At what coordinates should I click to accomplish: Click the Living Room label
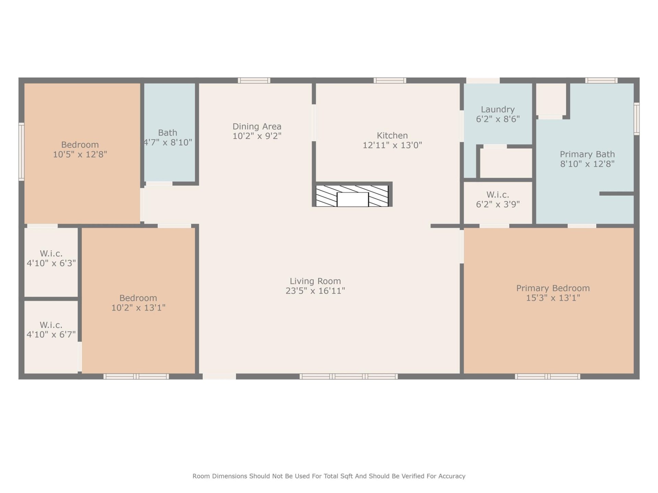click(x=315, y=281)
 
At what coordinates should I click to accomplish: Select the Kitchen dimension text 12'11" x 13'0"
click(x=392, y=145)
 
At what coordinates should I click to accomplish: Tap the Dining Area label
click(x=257, y=127)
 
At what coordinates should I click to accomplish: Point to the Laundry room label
click(x=498, y=110)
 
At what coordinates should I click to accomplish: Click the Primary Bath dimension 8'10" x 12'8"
click(x=587, y=164)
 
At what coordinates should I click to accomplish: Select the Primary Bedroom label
click(x=553, y=288)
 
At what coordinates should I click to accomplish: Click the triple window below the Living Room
click(x=349, y=377)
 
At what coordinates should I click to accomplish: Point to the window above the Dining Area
click(x=254, y=80)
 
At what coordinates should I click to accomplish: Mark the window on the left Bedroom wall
click(x=21, y=151)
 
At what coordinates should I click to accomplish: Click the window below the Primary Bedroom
click(x=547, y=377)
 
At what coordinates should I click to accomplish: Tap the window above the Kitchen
click(x=390, y=80)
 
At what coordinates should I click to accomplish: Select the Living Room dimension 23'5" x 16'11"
click(x=315, y=291)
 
